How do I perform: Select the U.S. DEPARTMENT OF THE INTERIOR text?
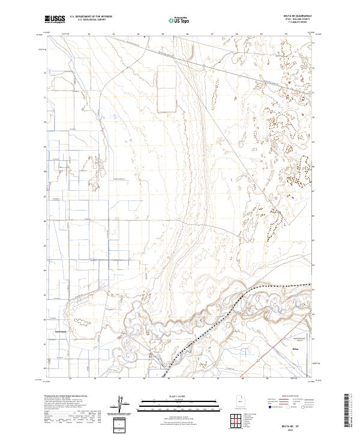(90, 17)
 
